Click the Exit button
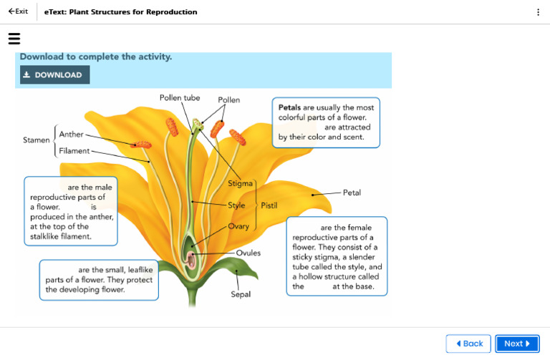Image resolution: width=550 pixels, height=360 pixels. point(18,11)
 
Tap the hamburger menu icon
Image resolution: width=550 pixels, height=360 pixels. point(14,39)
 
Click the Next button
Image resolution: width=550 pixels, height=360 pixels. point(517,344)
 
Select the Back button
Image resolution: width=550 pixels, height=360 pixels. point(468,344)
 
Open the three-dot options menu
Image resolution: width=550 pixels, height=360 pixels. point(538,12)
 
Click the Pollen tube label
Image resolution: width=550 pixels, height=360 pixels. point(180,97)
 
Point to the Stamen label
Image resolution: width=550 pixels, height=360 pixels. point(36,140)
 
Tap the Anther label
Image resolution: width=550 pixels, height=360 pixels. point(71,135)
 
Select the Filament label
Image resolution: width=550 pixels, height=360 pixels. point(74,151)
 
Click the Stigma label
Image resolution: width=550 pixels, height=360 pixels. point(240,184)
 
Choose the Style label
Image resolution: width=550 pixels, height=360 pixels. point(236,205)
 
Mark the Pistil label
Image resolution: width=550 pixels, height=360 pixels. point(269,205)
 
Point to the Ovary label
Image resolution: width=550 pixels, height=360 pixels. point(238,226)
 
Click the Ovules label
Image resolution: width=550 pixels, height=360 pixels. point(249,253)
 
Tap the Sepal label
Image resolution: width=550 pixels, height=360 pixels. point(241,294)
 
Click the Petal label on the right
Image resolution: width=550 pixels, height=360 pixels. point(352,193)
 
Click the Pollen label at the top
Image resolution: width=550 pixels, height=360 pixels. point(229,100)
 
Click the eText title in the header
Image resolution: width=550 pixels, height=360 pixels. point(120,12)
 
